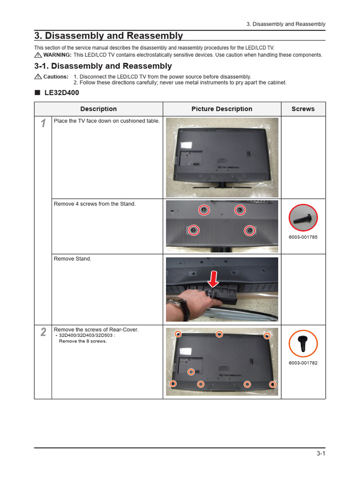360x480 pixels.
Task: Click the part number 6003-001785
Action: click(x=303, y=237)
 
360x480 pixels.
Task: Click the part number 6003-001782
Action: click(x=303, y=363)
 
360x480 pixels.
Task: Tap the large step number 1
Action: click(x=43, y=124)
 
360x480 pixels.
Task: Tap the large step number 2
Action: click(x=43, y=332)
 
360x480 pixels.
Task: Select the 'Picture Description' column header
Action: click(x=222, y=109)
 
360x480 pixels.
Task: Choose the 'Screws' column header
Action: click(x=303, y=109)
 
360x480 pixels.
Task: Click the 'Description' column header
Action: click(x=98, y=109)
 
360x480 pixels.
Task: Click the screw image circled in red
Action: click(x=303, y=218)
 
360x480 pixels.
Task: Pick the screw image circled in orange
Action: click(x=303, y=344)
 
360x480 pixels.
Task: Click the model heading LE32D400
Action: click(x=61, y=93)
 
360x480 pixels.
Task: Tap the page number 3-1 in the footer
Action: click(x=321, y=453)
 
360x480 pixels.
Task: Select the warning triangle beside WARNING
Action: click(x=38, y=55)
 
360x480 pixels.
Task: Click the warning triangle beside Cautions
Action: click(x=38, y=76)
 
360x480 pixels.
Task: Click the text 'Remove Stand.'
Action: click(x=73, y=259)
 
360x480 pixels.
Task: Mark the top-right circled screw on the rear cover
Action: click(x=267, y=336)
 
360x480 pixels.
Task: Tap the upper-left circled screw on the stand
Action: click(x=203, y=210)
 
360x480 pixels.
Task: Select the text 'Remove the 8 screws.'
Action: click(x=83, y=341)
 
